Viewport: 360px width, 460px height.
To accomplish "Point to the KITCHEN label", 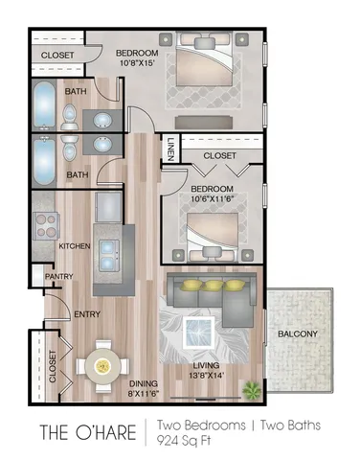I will [74, 246].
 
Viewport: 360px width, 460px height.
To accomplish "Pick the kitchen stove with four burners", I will [47, 226].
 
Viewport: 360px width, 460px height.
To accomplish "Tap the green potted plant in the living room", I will [251, 389].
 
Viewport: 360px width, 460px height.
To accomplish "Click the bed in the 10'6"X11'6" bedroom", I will [211, 230].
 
